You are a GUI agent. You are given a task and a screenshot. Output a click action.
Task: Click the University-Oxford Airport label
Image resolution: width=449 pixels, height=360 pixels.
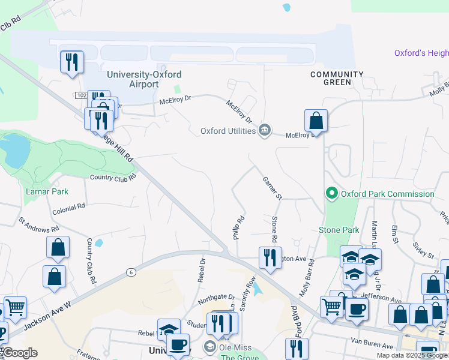coord(143,79)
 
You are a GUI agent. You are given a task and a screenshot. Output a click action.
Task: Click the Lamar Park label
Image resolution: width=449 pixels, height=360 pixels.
coord(47,191)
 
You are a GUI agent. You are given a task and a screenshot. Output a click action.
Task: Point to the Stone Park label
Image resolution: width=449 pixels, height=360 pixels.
coord(339,230)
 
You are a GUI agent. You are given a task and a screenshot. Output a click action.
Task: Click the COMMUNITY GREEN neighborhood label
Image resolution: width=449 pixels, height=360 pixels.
coord(336,78)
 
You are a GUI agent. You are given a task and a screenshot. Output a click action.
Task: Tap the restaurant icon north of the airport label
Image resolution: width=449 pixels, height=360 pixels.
coord(71,62)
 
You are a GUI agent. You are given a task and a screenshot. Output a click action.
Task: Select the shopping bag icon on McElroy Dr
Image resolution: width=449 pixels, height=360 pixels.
coord(316,121)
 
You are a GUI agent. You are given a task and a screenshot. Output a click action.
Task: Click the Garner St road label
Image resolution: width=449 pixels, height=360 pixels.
coord(272,188)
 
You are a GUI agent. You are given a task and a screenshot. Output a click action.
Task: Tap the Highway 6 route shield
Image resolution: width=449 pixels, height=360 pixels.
coord(130,272)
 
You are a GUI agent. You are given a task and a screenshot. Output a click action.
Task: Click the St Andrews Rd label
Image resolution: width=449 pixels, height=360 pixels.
coord(38,224)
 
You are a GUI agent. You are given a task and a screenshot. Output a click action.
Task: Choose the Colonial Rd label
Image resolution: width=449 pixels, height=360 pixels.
coord(68,207)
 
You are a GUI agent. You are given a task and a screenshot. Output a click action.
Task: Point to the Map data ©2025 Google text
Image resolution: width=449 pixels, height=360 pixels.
coord(412,355)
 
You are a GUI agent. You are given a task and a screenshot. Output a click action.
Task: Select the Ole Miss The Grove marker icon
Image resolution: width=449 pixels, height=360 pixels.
coord(209,346)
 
